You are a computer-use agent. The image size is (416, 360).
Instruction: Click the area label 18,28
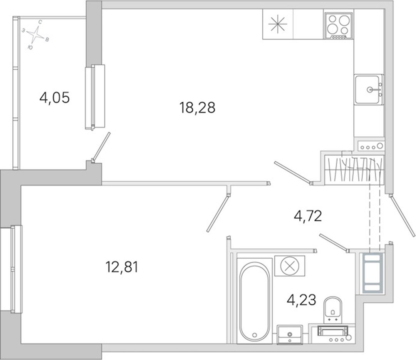click(197, 108)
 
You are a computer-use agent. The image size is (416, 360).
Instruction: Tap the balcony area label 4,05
click(54, 97)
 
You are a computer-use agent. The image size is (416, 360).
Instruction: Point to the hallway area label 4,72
click(308, 216)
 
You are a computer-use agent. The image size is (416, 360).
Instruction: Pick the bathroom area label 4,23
click(302, 300)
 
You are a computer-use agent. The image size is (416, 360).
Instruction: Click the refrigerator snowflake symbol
click(277, 24)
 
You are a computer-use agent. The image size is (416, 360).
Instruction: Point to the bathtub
click(254, 301)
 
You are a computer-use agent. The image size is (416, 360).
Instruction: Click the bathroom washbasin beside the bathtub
click(289, 335)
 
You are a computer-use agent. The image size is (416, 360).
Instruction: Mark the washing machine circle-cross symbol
click(290, 266)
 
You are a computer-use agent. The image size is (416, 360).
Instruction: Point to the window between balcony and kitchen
click(95, 97)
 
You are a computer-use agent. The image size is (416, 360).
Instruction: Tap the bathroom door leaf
click(334, 242)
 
